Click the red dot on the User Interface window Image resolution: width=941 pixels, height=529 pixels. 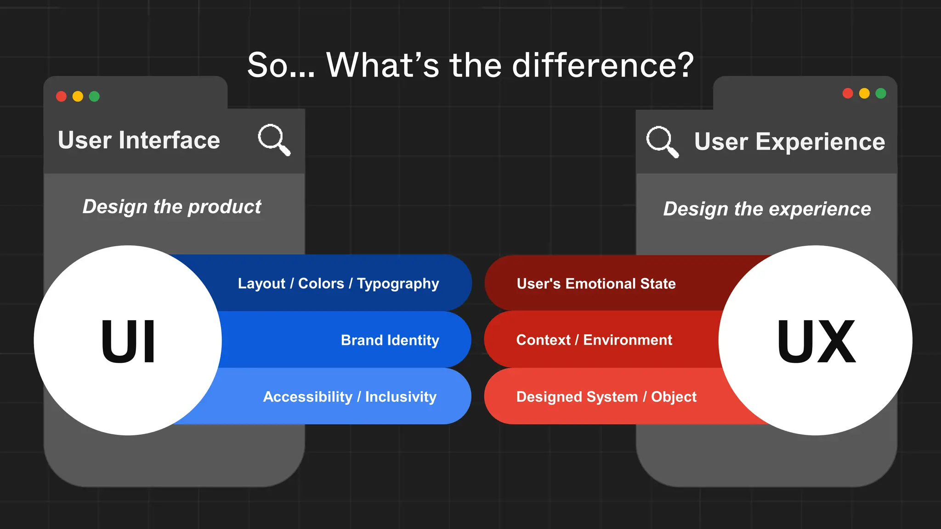[61, 96]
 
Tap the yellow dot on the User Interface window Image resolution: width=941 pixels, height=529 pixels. [78, 96]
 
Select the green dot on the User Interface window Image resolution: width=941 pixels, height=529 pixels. [94, 96]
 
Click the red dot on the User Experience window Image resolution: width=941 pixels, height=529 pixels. [848, 93]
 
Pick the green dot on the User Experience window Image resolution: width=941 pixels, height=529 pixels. [881, 93]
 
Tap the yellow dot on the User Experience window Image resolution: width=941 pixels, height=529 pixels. [864, 93]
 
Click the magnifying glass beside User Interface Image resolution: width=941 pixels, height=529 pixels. [274, 139]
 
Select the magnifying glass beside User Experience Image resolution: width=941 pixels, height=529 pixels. [662, 141]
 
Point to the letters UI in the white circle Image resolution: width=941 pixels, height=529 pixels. [128, 341]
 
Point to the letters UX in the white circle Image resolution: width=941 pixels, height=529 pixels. [816, 341]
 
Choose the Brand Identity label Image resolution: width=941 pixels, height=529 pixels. [390, 340]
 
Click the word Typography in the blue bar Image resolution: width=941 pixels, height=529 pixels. [398, 284]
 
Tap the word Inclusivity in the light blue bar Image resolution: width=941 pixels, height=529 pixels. [401, 397]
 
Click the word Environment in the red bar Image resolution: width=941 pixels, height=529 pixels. [628, 340]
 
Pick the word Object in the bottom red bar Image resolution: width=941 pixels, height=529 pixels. [674, 397]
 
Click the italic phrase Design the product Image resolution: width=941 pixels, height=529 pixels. [172, 207]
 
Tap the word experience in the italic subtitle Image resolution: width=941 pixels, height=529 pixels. [820, 209]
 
